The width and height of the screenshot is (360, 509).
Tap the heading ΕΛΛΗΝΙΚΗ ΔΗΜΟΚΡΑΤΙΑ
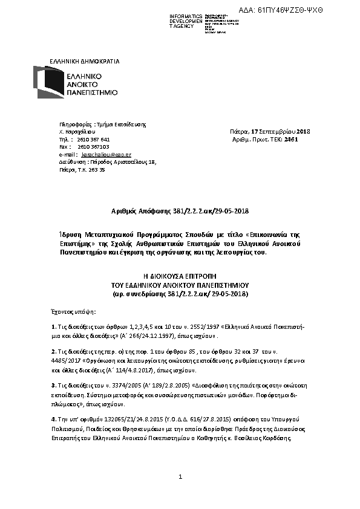pyautogui.click(x=85, y=61)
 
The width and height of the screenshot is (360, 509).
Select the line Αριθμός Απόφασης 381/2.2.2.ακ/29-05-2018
pyautogui.click(x=180, y=211)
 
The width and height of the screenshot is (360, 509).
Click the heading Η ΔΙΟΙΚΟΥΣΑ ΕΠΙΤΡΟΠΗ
pyautogui.click(x=180, y=275)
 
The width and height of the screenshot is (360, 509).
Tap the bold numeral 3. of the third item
pyautogui.click(x=54, y=384)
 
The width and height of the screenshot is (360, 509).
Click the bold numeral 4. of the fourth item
pyautogui.click(x=54, y=418)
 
